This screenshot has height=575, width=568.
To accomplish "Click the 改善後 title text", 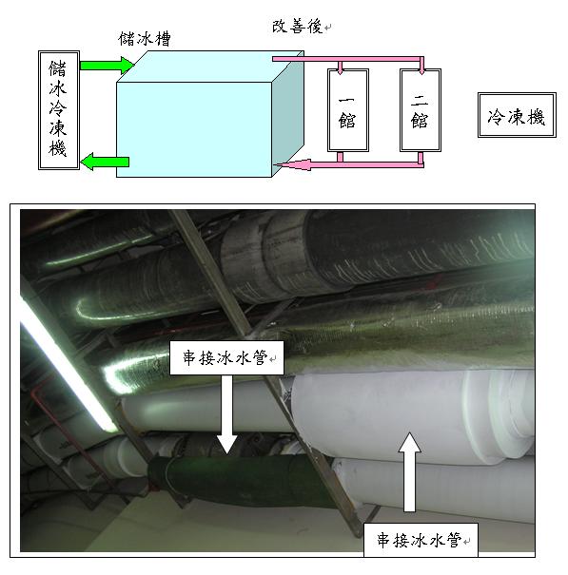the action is click(297, 27).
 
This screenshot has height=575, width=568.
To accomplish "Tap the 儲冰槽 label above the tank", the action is click(145, 39).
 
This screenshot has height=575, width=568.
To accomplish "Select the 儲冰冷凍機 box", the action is click(59, 110).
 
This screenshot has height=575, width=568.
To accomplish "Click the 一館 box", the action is click(347, 110).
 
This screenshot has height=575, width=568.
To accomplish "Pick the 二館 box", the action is click(420, 110).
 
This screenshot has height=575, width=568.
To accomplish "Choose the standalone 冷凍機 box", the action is click(517, 115).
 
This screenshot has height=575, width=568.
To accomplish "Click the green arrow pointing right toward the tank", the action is click(107, 66).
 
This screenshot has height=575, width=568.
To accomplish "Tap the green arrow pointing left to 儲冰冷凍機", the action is click(105, 162).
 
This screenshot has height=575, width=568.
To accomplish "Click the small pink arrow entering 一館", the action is click(340, 67).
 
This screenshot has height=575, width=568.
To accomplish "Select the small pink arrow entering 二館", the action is click(421, 67).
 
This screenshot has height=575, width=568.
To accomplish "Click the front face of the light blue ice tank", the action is click(194, 129).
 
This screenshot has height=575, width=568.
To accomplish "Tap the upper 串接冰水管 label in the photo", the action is click(226, 357).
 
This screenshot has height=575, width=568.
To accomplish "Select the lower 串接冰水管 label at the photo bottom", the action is click(421, 540).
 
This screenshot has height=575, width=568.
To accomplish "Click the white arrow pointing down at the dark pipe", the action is click(226, 414).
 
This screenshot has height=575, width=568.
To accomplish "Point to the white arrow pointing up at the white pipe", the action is click(409, 472).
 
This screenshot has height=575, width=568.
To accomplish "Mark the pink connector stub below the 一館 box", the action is click(340, 157).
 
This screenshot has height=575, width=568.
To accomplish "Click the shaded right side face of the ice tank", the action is click(288, 114).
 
